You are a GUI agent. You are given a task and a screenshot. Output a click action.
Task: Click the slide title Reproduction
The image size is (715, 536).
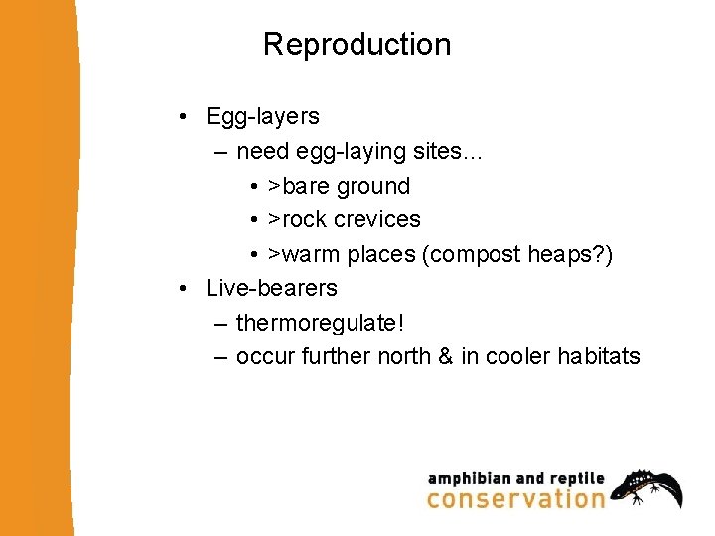click(357, 45)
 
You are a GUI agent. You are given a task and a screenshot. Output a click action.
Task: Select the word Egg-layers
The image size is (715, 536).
click(262, 117)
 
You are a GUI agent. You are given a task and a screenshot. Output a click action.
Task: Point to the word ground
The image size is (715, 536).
click(372, 186)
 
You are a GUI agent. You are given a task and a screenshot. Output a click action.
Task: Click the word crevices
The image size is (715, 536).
click(377, 219)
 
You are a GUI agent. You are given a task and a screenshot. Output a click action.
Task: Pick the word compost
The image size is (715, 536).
click(473, 254)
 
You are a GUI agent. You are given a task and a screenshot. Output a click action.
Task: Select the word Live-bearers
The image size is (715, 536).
click(271, 289)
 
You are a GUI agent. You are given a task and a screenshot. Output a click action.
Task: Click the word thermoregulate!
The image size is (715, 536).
click(320, 323)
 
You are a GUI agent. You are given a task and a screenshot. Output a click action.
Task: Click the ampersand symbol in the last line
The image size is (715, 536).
click(445, 356)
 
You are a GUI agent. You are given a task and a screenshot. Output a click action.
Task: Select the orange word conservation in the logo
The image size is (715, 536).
click(515, 498)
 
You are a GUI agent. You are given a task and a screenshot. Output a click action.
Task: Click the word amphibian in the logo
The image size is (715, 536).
click(469, 478)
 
